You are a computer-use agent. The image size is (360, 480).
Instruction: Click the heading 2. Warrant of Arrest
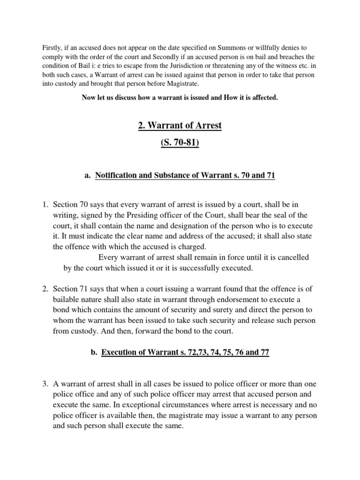pos(180,126)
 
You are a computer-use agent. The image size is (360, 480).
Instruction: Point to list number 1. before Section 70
pos(45,205)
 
